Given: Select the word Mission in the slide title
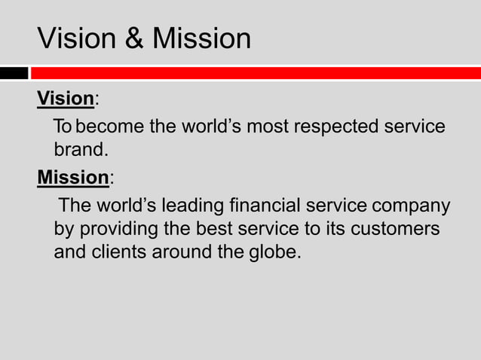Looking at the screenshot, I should coord(201,38).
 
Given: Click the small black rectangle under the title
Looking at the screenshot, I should coord(14,73).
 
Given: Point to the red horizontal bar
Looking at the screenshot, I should coord(256,73).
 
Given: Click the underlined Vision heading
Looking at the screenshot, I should coord(66,99).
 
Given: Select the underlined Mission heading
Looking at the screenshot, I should coord(73,177).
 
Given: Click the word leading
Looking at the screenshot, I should coord(192,205).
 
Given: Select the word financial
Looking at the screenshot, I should coord(265,205).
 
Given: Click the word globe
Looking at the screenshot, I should coord(274,252).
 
